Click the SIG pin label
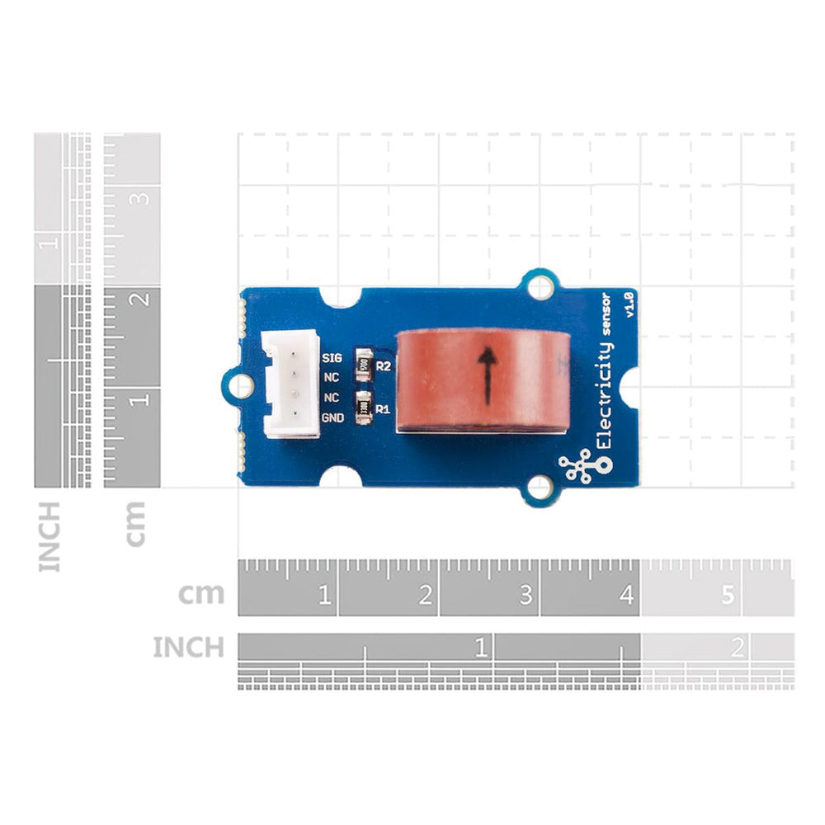click(x=332, y=358)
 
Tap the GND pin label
click(x=332, y=418)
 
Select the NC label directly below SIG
click(x=332, y=378)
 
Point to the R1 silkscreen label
click(x=383, y=408)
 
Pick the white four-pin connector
click(x=290, y=383)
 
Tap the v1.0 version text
click(x=629, y=304)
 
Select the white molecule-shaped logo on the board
click(x=583, y=467)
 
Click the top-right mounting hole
click(x=540, y=286)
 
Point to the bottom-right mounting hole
click(x=540, y=488)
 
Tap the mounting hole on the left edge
click(x=240, y=384)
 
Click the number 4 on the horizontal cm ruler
click(x=626, y=595)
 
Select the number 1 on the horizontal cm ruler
click(x=324, y=595)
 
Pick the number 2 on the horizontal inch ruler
click(x=737, y=648)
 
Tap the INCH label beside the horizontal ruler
click(x=188, y=648)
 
